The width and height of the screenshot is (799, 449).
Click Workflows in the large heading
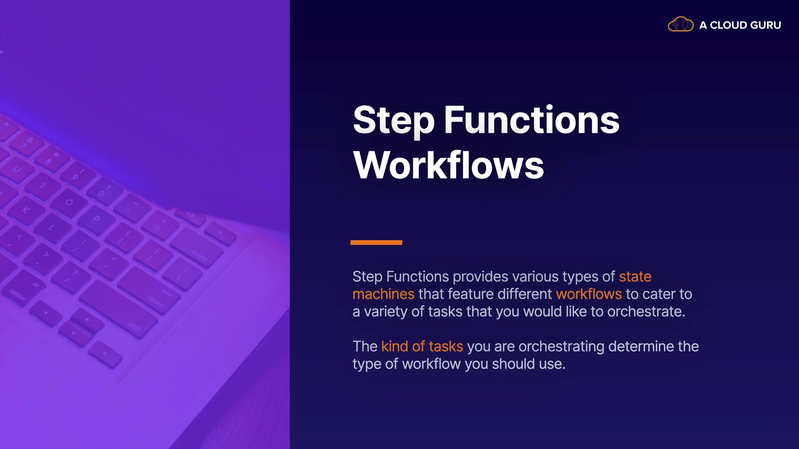pyautogui.click(x=449, y=165)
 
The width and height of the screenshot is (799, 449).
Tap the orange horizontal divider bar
pyautogui.click(x=376, y=242)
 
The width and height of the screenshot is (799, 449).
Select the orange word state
pyautogui.click(x=635, y=276)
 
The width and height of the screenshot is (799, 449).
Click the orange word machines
pyautogui.click(x=383, y=294)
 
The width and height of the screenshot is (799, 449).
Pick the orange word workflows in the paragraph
pyautogui.click(x=589, y=294)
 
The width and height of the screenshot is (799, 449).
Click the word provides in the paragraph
pyautogui.click(x=480, y=277)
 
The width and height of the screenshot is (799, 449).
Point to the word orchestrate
pyautogui.click(x=646, y=311)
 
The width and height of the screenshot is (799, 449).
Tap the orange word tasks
pyautogui.click(x=446, y=346)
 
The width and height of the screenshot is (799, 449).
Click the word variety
pyautogui.click(x=386, y=312)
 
